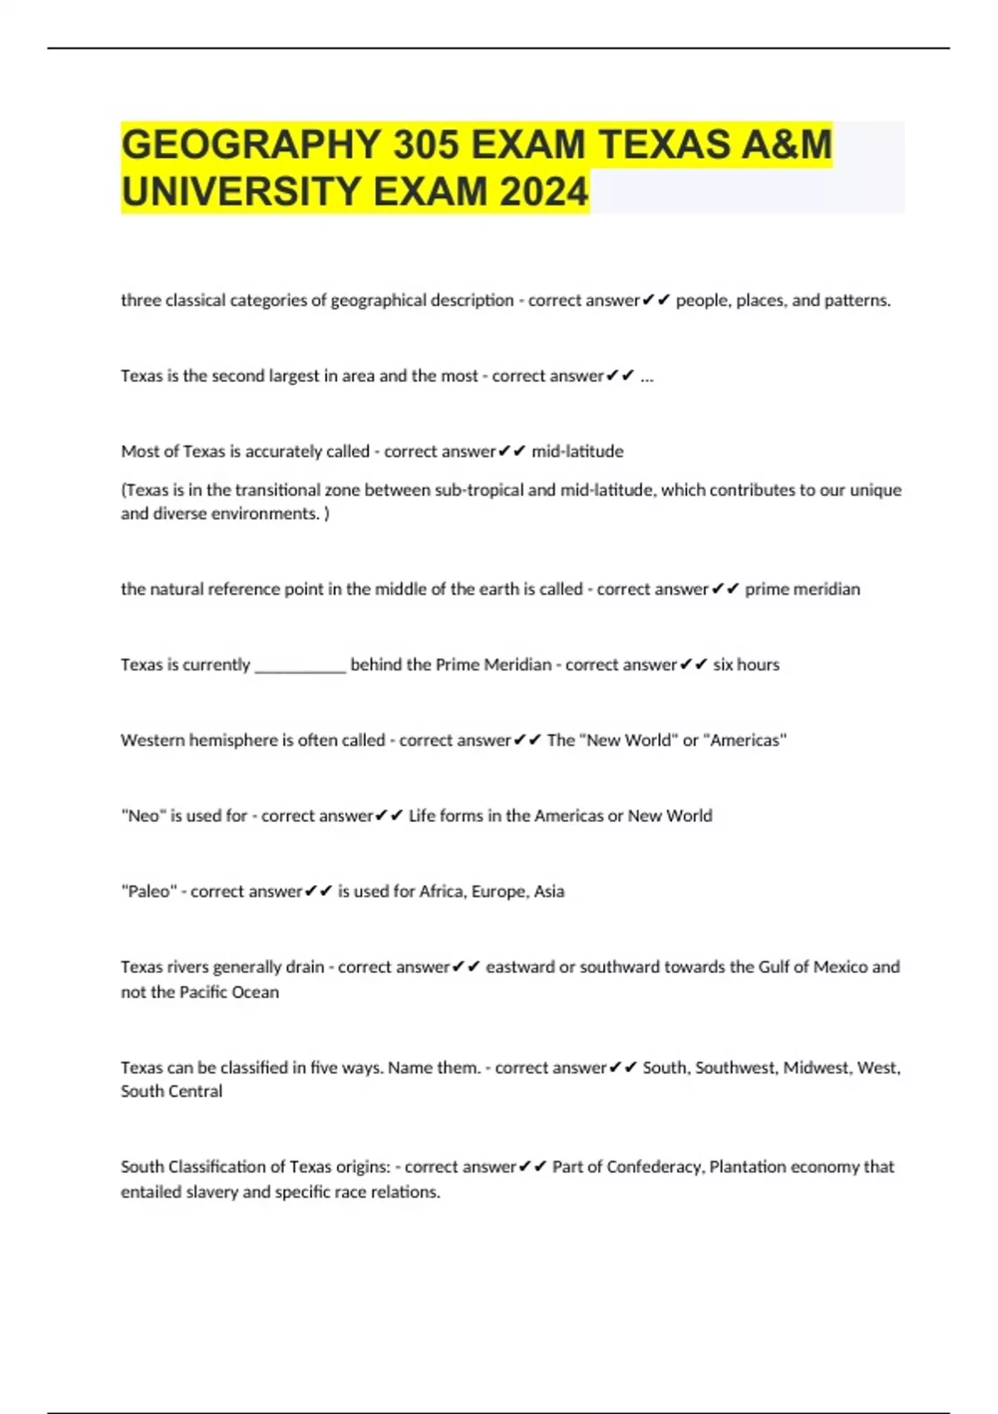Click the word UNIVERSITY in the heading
242,192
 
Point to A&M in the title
783,145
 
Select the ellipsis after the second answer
647,376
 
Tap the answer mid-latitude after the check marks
577,452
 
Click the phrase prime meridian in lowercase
802,589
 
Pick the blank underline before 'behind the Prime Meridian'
300,665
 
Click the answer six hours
746,665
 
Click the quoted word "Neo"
143,816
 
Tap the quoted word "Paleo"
149,892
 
